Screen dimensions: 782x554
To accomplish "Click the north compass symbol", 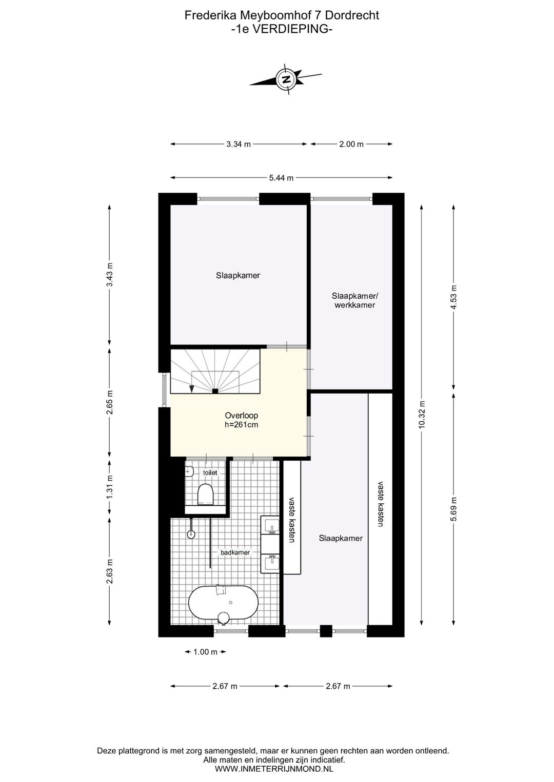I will click(286, 79).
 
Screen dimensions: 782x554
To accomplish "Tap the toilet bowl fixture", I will click(205, 495).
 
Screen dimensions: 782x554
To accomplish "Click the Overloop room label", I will click(241, 416).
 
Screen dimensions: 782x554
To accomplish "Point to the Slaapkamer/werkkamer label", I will click(354, 300).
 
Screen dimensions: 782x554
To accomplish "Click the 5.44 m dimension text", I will click(282, 178).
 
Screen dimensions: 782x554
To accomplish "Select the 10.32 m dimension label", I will click(422, 414).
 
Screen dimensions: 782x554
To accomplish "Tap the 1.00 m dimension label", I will click(205, 652).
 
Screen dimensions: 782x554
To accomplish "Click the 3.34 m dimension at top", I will click(239, 144).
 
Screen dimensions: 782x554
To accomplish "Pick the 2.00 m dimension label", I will click(351, 144).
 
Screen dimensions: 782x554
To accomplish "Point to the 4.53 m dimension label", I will click(453, 295).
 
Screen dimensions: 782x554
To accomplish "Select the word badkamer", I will click(235, 552).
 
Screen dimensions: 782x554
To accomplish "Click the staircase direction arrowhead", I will click(192, 389).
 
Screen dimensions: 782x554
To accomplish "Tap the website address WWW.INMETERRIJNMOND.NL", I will click(274, 769).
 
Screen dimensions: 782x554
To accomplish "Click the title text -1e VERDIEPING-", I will click(282, 29).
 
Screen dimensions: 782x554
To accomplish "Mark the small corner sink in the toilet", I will click(189, 470).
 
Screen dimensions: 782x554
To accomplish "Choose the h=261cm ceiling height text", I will click(241, 424).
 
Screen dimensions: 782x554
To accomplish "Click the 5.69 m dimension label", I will click(453, 509).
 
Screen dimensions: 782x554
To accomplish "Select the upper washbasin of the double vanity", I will click(270, 526).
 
